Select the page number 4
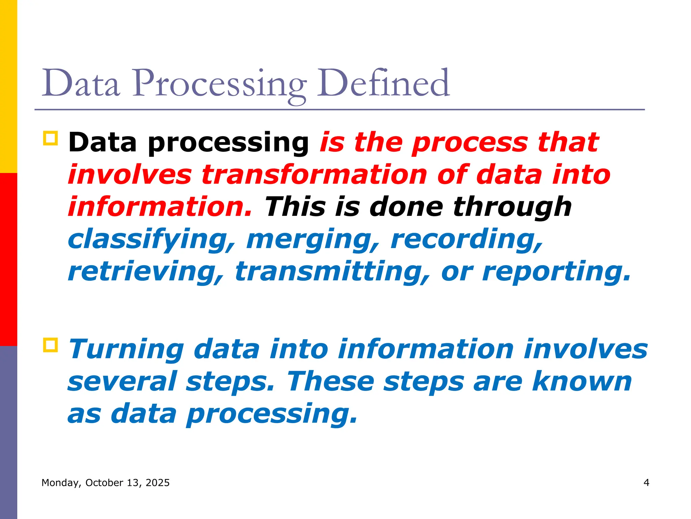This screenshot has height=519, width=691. tap(646, 483)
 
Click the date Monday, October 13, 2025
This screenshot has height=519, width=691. tap(105, 483)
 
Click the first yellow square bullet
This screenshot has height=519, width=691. tap(51, 138)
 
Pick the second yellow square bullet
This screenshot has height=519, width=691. tap(51, 345)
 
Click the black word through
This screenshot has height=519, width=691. tap(512, 207)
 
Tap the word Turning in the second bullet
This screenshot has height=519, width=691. tap(126, 349)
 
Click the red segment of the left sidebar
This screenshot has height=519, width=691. tap(8, 259)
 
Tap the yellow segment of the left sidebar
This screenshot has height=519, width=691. tap(8, 86)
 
